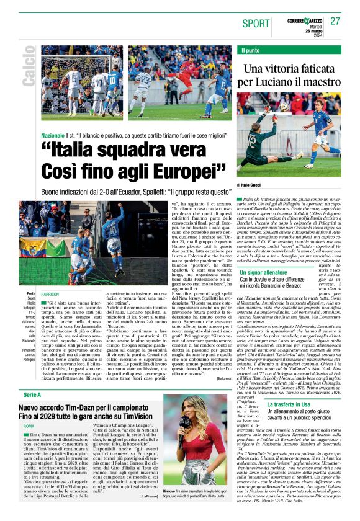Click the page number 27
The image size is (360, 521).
pos(335,21)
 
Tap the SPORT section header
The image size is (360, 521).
pos(256,23)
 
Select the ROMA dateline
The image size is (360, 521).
pos(29,427)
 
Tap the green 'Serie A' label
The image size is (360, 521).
pos(32,395)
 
